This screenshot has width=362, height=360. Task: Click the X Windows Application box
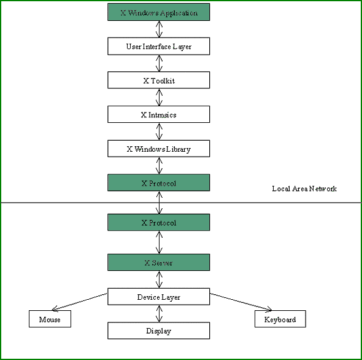(x=159, y=12)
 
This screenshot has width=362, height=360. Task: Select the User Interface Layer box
(x=159, y=46)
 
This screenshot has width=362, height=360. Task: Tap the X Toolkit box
(x=159, y=80)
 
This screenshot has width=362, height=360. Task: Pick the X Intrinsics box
(x=159, y=114)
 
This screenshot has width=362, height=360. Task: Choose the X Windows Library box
(x=159, y=149)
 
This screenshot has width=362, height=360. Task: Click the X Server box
(x=159, y=262)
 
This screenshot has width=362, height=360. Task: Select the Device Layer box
(x=159, y=297)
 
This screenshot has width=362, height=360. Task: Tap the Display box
(x=159, y=331)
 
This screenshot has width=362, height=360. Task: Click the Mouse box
(x=50, y=319)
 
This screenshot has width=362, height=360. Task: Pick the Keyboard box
(x=280, y=319)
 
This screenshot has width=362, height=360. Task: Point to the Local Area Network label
(x=304, y=189)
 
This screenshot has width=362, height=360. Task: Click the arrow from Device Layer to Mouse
(x=80, y=302)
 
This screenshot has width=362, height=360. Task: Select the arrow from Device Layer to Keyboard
(x=241, y=302)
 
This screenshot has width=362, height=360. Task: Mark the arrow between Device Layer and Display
(x=159, y=314)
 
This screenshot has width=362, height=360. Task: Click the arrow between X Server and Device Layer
(x=159, y=280)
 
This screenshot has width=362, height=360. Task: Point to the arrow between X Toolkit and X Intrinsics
(x=159, y=97)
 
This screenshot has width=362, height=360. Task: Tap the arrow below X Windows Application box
(x=159, y=29)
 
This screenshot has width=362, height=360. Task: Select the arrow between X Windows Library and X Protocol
(x=159, y=165)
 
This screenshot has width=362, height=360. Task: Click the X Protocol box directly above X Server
(x=159, y=222)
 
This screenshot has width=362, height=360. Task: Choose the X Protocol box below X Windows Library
(x=159, y=182)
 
